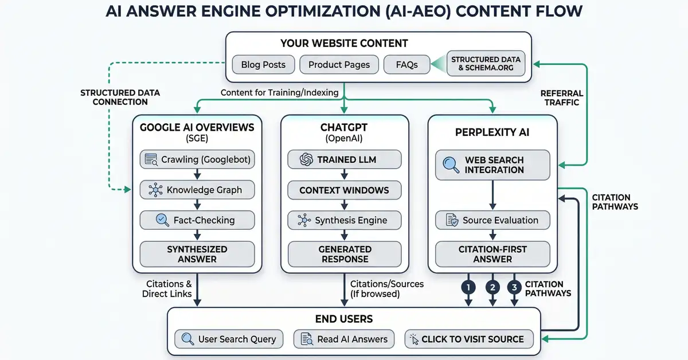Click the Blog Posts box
(x=263, y=64)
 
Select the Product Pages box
(x=339, y=64)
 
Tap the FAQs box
(x=406, y=64)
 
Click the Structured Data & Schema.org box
(x=485, y=64)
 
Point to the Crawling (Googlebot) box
(x=197, y=159)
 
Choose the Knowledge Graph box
(x=197, y=190)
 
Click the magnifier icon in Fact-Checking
(x=162, y=220)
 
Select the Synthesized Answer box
(x=197, y=254)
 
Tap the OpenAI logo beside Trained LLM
(x=307, y=159)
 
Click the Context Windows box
(x=344, y=190)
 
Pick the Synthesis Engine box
(x=344, y=220)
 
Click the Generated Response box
(x=344, y=254)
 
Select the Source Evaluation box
(x=492, y=220)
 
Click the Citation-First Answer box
(x=492, y=254)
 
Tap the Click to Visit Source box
(x=469, y=339)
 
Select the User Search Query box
(x=229, y=339)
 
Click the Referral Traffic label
(x=561, y=97)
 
